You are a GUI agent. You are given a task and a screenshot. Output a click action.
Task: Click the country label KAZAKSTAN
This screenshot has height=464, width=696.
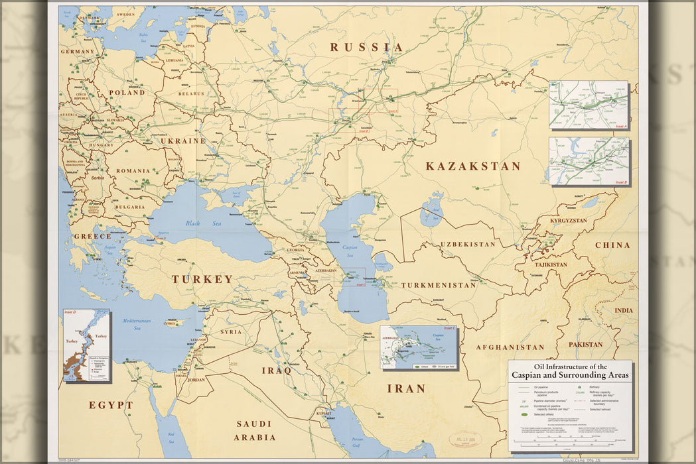tap(473, 166)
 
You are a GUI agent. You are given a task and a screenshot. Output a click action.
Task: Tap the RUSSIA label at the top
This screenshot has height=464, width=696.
tap(366, 47)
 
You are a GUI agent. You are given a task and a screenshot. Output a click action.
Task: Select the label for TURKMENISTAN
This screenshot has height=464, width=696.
tap(438, 285)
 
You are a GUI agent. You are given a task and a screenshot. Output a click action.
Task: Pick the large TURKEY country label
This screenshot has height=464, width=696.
tap(202, 279)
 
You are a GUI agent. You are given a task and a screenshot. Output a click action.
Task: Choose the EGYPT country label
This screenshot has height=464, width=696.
tap(111, 405)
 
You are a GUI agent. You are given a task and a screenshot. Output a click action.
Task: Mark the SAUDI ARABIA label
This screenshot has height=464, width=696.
tap(255, 430)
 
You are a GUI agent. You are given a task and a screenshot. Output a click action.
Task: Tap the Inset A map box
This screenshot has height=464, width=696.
tap(588, 104)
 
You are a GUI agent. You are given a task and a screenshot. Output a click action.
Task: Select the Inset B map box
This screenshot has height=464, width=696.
tap(589, 161)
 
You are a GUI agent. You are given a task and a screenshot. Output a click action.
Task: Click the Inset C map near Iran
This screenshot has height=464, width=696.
tap(418, 347)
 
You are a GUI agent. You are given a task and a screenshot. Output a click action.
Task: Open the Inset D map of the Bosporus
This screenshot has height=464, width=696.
tap(87, 345)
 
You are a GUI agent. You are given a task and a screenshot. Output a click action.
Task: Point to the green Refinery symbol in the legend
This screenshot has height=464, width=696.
tap(579, 386)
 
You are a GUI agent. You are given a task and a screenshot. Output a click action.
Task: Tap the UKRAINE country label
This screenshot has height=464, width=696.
tap(182, 141)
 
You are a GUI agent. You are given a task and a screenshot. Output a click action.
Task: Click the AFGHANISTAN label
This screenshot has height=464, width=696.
tap(510, 347)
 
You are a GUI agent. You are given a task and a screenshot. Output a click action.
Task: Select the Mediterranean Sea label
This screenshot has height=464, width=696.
tap(136, 324)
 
